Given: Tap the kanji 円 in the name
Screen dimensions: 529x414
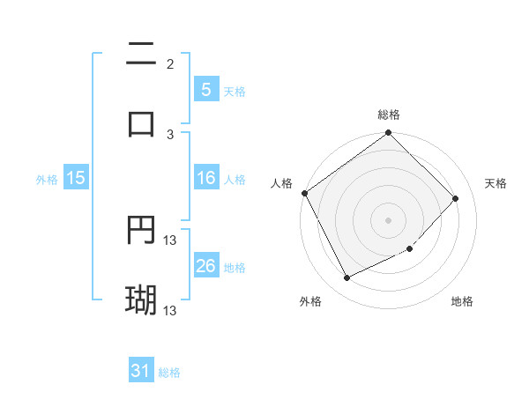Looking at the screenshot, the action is tap(141, 231).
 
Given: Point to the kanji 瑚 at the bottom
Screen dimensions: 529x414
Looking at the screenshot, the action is tap(141, 299).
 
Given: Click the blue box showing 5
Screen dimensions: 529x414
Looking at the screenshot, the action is tap(205, 90).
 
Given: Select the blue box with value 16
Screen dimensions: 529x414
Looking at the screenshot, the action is tap(205, 178).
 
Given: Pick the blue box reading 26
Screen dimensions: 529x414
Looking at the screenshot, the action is tap(205, 266).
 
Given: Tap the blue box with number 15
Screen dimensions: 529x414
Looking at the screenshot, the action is tap(76, 178).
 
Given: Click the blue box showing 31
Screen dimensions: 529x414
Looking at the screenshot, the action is tap(141, 372).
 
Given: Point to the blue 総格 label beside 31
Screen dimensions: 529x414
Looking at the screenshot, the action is tap(169, 373).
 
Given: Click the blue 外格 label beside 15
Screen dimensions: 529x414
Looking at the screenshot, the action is tap(47, 179).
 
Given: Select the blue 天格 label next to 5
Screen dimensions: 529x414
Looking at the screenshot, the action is tap(235, 91).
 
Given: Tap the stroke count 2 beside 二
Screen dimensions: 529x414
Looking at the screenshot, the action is tap(170, 63).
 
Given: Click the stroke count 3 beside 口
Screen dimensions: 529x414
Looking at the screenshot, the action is tap(170, 134).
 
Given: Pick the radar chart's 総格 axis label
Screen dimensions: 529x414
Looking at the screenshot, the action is tap(389, 115).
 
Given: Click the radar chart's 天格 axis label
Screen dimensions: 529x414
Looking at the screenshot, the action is tap(496, 183).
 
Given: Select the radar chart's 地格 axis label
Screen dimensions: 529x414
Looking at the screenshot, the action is tap(462, 301).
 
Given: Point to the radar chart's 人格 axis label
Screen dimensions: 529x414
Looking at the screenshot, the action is tap(281, 183).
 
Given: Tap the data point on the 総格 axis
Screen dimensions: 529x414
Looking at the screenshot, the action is tap(389, 134).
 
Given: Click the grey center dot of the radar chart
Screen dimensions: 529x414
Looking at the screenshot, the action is tap(389, 219).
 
